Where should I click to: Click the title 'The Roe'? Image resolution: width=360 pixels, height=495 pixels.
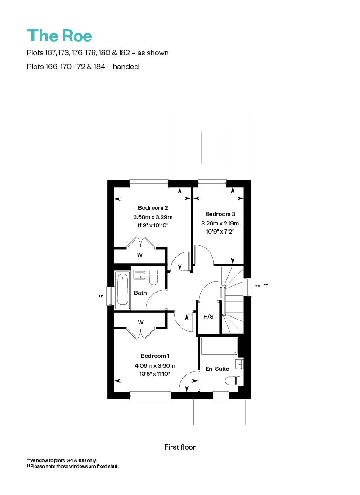[60, 36]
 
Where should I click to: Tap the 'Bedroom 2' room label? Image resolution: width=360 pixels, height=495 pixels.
[153, 207]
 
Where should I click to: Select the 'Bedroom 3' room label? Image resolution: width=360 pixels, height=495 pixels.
[220, 214]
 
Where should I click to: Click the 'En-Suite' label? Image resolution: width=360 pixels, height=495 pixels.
[218, 369]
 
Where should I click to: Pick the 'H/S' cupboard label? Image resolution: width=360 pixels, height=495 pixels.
[209, 316]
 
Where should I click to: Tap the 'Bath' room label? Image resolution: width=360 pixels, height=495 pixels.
[140, 293]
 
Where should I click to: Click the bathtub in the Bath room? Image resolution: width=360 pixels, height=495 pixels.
[122, 290]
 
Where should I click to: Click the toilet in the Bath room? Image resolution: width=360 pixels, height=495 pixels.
[153, 279]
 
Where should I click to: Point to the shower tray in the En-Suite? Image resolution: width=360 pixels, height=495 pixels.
[219, 347]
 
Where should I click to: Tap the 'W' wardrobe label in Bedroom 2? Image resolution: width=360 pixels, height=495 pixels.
[140, 255]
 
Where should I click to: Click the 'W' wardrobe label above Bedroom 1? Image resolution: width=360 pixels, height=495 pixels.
[140, 323]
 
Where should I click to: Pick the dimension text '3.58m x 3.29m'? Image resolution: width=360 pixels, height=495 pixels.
[153, 217]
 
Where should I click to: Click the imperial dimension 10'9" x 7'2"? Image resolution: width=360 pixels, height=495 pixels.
[220, 232]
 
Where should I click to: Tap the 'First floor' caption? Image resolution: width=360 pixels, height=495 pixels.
[180, 447]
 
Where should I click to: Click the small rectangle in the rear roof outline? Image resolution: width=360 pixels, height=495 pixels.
[212, 147]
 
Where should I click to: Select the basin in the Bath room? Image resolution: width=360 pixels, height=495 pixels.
[139, 275]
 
